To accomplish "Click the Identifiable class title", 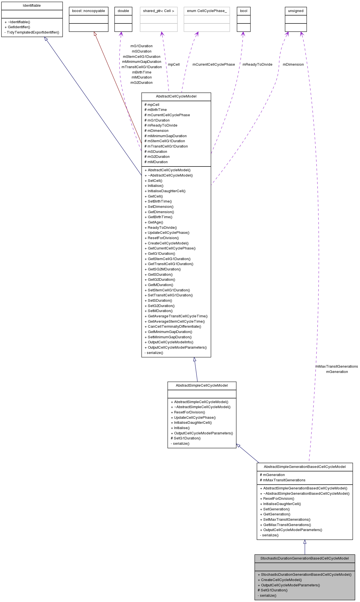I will click(x=32, y=6).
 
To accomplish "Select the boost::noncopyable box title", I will click(x=88, y=11).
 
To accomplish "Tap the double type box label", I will click(x=123, y=11).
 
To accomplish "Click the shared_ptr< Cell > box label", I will click(x=158, y=11).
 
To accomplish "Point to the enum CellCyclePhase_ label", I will click(x=207, y=11).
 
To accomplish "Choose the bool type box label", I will click(x=243, y=11).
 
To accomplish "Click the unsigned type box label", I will click(x=296, y=11).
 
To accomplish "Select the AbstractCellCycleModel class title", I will click(x=176, y=96).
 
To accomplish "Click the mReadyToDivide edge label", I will click(x=257, y=65).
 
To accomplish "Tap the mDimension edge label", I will click(x=293, y=65).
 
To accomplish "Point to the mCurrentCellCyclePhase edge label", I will click(x=214, y=65).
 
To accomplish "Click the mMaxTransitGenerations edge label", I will click(x=337, y=367).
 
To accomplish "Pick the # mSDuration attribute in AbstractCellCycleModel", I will click(x=156, y=152).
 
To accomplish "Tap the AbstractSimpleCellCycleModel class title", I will click(x=202, y=386).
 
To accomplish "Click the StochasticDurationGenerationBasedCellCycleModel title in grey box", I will click(x=304, y=558).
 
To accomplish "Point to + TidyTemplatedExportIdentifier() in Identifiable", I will click(x=32, y=32).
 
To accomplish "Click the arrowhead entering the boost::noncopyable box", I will click(x=95, y=34).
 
